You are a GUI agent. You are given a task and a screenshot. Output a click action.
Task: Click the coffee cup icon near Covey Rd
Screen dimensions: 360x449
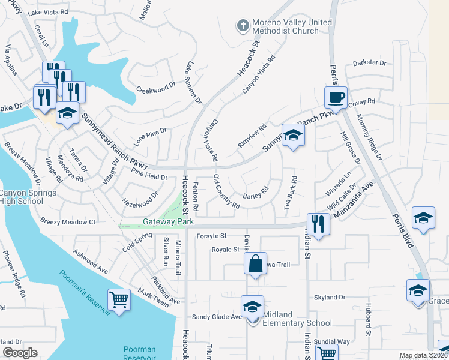336,97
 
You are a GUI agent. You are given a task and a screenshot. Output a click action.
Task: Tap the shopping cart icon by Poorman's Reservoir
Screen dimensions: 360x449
119,299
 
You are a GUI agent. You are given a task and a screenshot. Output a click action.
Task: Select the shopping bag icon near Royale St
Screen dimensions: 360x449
255,263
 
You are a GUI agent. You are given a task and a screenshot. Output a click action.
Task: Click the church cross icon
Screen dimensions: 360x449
243,25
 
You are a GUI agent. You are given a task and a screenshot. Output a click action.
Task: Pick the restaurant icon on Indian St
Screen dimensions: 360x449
318,224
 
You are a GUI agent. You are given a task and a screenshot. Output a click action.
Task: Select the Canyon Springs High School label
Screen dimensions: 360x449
28,197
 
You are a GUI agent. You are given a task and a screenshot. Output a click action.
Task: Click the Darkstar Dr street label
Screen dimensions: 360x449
369,62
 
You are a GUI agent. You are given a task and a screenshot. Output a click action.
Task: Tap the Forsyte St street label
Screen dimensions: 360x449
211,236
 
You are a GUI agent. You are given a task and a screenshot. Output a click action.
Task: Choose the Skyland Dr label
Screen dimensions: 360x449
330,298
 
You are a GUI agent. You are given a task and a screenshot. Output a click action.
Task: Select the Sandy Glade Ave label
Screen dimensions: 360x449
217,317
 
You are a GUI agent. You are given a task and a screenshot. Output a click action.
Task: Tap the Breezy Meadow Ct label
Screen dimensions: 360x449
68,222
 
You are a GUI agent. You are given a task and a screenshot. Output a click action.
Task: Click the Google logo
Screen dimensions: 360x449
20,353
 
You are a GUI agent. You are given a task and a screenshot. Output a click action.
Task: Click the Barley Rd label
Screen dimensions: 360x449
255,196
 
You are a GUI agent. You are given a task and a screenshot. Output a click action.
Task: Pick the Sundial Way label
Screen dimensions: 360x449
335,341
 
